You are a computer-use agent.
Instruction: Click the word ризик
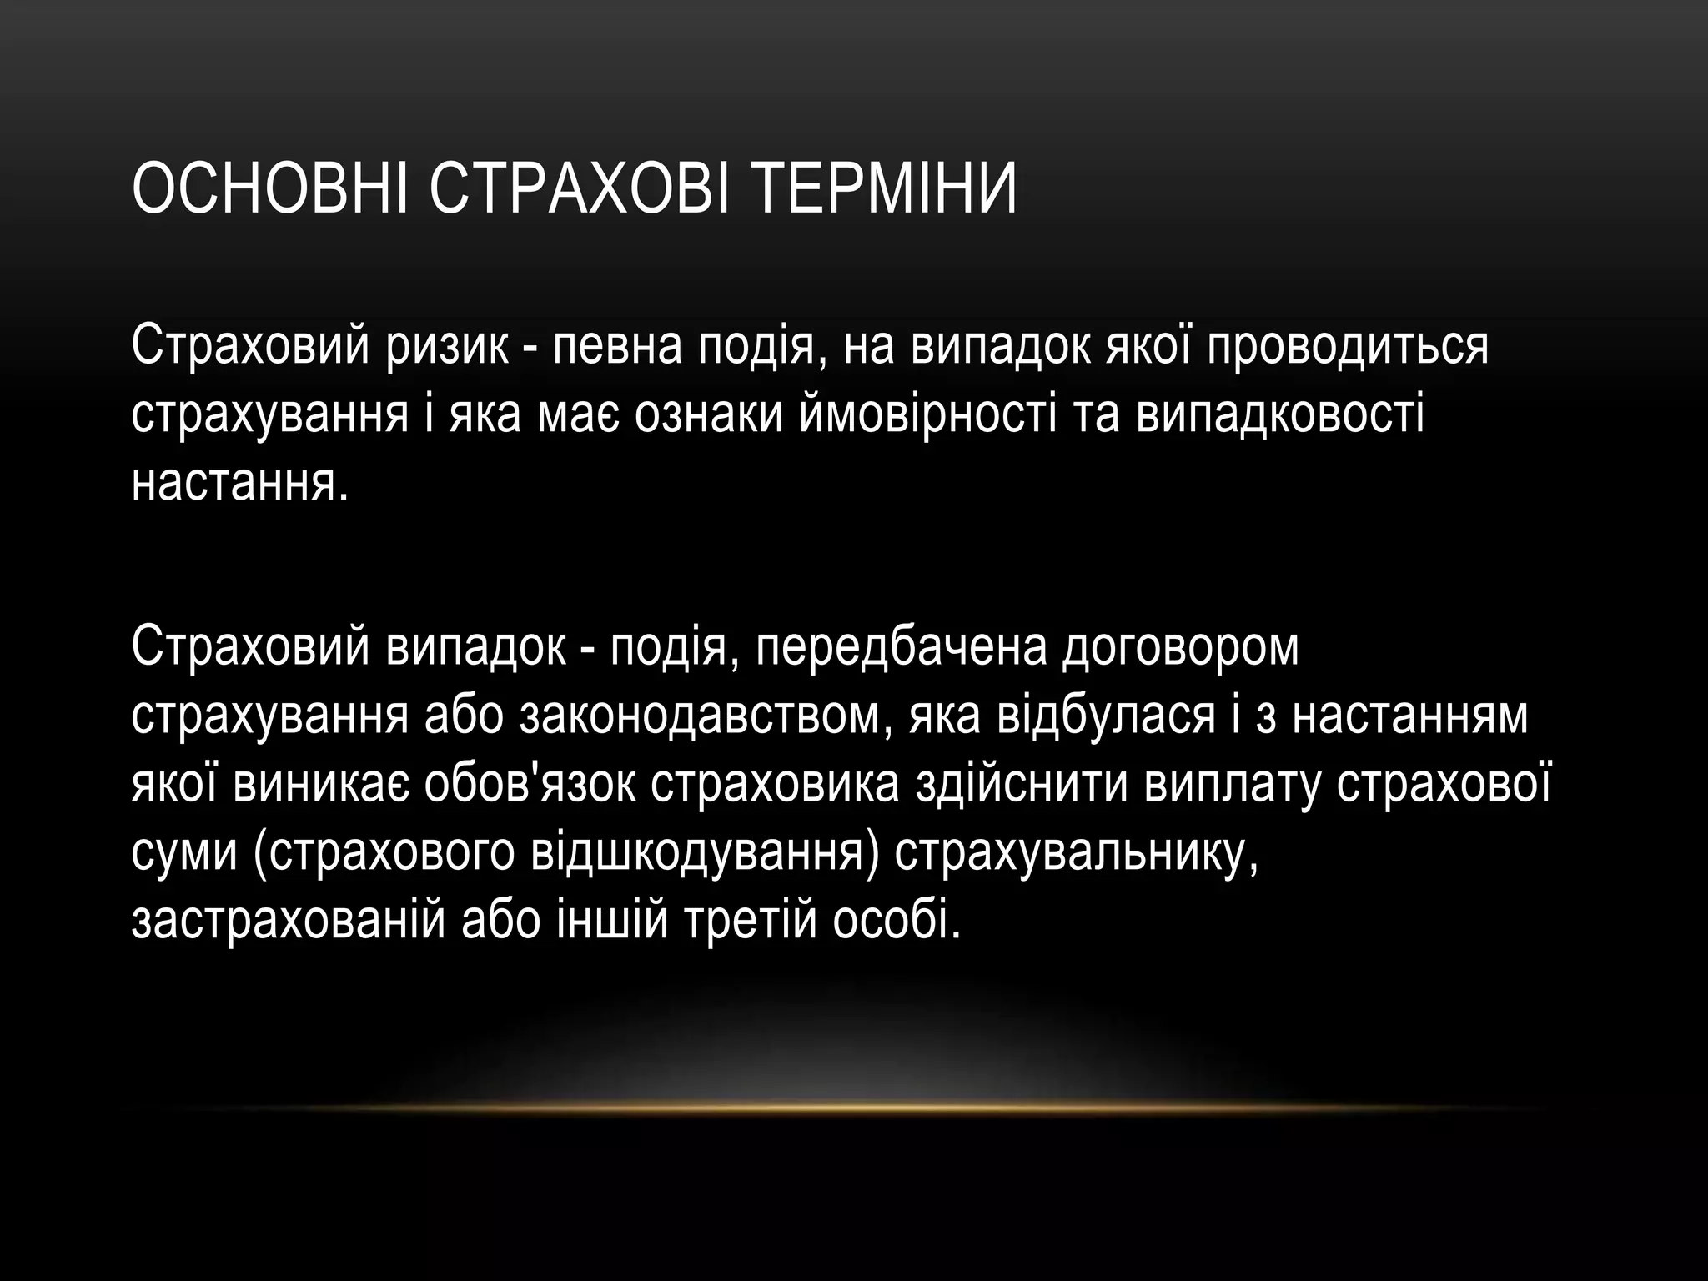coord(445,346)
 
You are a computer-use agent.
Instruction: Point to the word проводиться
coord(1344,346)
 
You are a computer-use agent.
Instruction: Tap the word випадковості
coord(1280,414)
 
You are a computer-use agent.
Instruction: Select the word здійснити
coord(1022,784)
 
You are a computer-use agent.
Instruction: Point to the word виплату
coord(1231,784)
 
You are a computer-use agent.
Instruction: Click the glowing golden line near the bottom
coord(854,1108)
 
